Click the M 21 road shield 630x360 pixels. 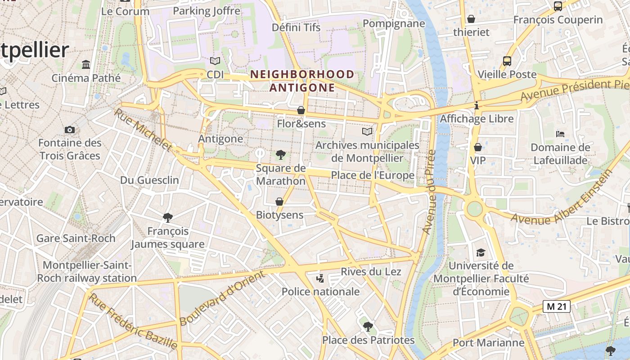pyautogui.click(x=556, y=306)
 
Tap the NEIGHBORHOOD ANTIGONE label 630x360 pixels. pyautogui.click(x=302, y=81)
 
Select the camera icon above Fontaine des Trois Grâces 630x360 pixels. pyautogui.click(x=70, y=130)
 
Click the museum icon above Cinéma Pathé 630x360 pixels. pyautogui.click(x=86, y=64)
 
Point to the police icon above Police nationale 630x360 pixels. pyautogui.click(x=320, y=279)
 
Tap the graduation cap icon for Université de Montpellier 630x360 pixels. pyautogui.click(x=481, y=252)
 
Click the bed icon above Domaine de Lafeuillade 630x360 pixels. pyautogui.click(x=560, y=134)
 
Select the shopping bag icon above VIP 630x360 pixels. pyautogui.click(x=478, y=147)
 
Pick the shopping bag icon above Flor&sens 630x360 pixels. pyautogui.click(x=301, y=110)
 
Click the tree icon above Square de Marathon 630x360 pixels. pyautogui.click(x=281, y=155)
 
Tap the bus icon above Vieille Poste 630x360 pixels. pyautogui.click(x=507, y=61)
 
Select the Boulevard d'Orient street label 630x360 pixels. pyautogui.click(x=222, y=298)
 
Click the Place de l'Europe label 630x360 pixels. pyautogui.click(x=373, y=175)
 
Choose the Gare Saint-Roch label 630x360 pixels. pyautogui.click(x=76, y=238)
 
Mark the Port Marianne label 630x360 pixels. pyautogui.click(x=482, y=342)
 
